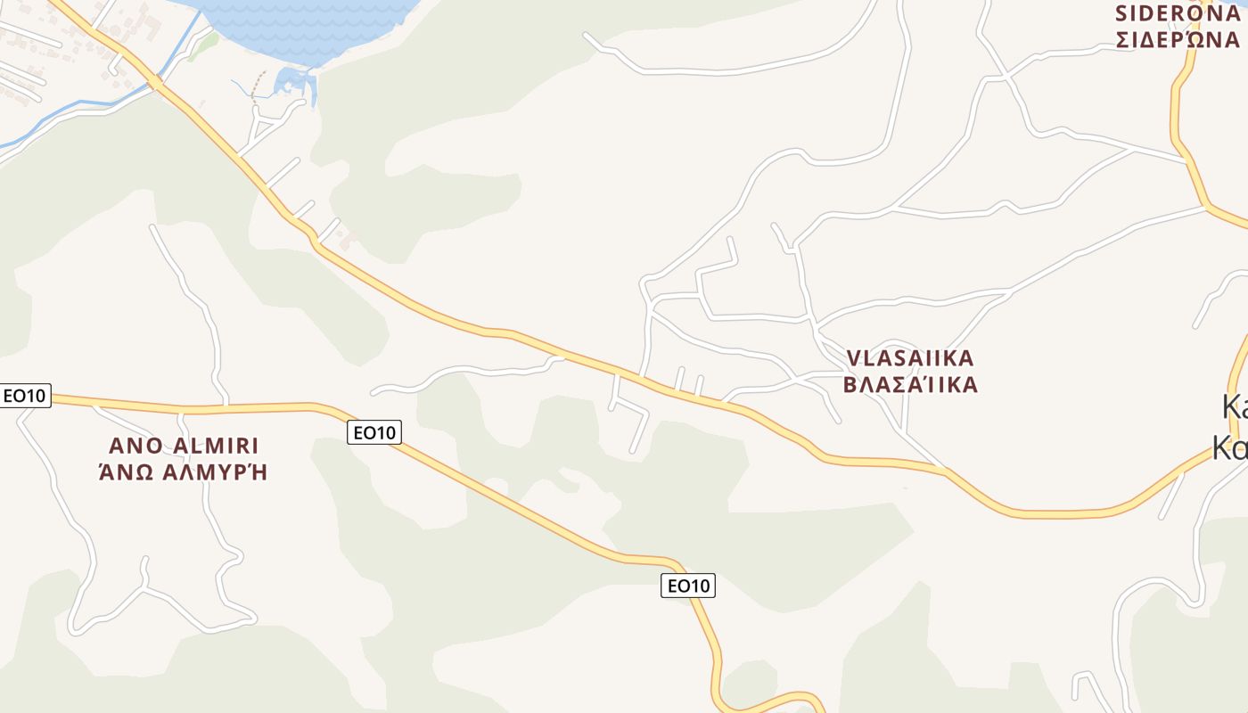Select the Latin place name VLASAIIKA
[909, 358]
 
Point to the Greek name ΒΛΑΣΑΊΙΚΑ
[909, 385]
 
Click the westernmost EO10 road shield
[25, 396]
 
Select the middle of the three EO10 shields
[374, 432]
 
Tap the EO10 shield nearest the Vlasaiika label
[688, 586]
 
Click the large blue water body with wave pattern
[303, 27]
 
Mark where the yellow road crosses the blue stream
[155, 83]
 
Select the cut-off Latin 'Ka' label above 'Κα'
[1235, 408]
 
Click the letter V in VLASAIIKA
[853, 358]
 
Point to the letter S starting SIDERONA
[1123, 13]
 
